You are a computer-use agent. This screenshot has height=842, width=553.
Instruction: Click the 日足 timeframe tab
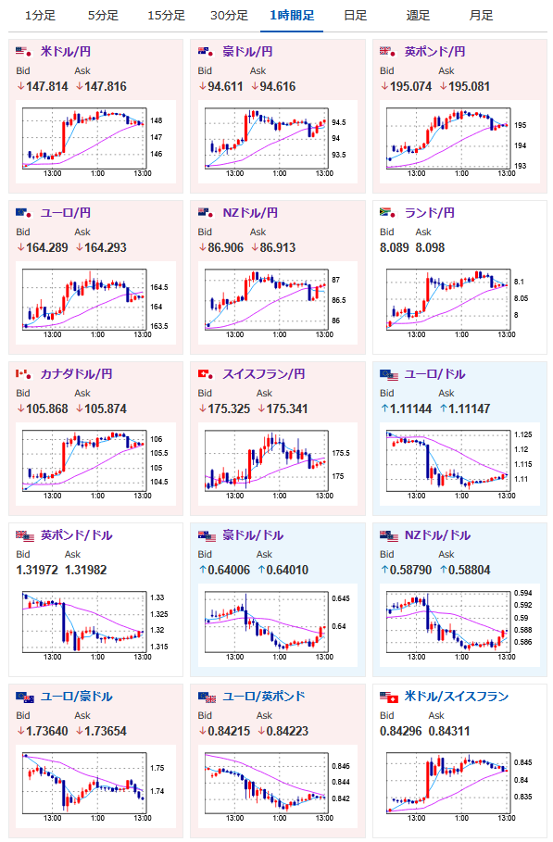[x=355, y=16]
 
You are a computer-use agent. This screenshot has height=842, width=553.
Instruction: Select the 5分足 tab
[x=103, y=16]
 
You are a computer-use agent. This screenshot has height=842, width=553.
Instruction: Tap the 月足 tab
[x=481, y=16]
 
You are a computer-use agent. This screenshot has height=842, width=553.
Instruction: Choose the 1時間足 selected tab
[x=292, y=16]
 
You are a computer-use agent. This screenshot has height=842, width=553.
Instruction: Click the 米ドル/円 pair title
[x=66, y=52]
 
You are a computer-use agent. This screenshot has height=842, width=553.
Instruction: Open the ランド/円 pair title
[x=429, y=213]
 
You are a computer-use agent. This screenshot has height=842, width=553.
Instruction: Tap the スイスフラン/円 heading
[x=264, y=373]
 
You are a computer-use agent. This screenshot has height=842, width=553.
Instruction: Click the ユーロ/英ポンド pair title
[x=264, y=696]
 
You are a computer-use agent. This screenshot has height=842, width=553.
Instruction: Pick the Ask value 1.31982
[x=86, y=570]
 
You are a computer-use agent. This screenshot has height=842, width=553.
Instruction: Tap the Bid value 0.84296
[x=400, y=731]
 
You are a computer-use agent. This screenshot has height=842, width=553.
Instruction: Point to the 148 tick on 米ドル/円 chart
[x=157, y=120]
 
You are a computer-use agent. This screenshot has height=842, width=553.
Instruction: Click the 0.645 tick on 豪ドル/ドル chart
[x=340, y=598]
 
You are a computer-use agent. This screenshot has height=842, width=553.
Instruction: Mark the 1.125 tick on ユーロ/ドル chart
[x=523, y=434]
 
